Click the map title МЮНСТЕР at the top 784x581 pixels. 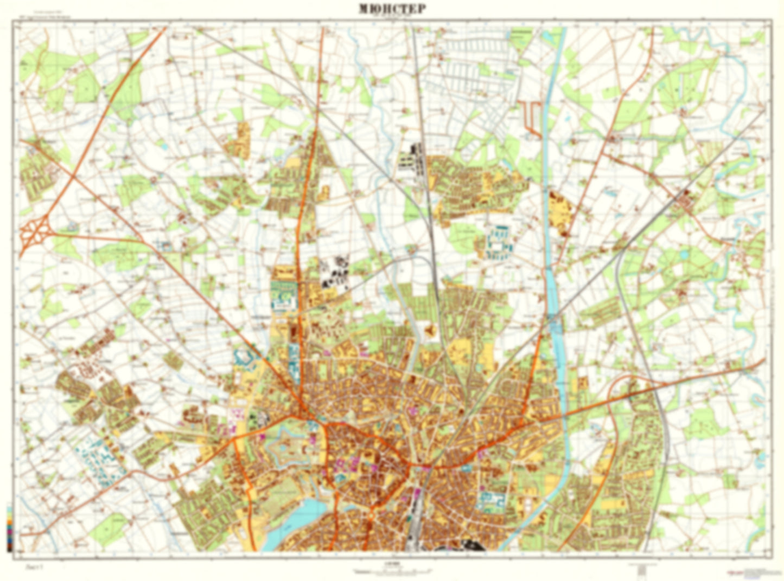[x=392, y=9]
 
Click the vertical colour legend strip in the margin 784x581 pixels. [x=9, y=528]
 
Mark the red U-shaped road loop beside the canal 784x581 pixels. [x=531, y=117]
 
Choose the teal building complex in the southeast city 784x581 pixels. [x=490, y=501]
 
